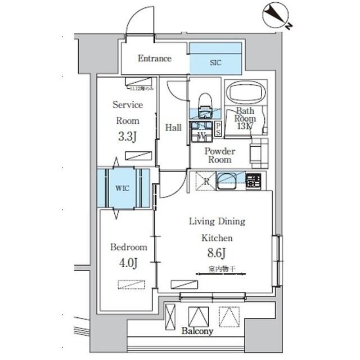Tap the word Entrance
point(154,58)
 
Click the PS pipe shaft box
point(217,130)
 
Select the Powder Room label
point(219,156)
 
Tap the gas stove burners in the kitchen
point(253,181)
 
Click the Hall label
point(173,128)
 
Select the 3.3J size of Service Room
point(128,136)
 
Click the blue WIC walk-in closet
point(123,188)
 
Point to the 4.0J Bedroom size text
point(128,262)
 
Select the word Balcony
point(197,332)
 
